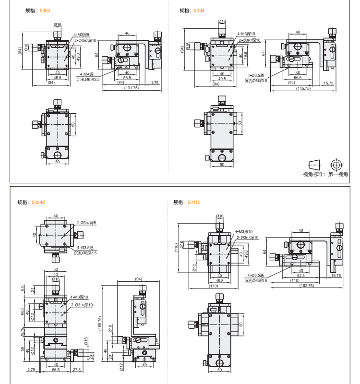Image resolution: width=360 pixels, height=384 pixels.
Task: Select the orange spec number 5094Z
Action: tap(38, 202)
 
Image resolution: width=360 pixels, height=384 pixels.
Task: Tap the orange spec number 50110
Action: tap(194, 202)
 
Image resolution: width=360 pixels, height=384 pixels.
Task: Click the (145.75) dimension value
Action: tap(303, 88)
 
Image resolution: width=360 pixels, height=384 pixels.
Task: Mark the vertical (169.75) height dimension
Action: tap(100, 326)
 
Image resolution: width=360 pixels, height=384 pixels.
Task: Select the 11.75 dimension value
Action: tap(154, 83)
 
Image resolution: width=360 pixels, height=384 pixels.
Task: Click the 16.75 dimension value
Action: tap(336, 276)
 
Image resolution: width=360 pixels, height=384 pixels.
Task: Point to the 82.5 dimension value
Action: tap(300, 276)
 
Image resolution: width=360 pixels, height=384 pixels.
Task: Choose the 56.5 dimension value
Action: tap(127, 77)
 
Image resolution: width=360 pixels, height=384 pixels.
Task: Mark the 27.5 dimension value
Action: tap(77, 370)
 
